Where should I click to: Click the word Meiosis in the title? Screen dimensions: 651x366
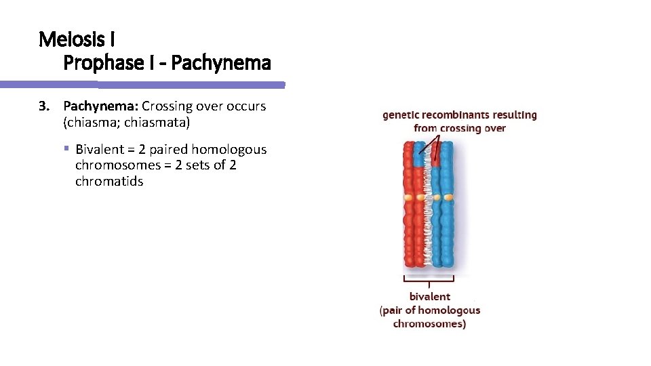67,39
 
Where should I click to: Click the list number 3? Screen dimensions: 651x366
44,106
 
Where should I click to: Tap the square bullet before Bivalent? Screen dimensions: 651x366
67,149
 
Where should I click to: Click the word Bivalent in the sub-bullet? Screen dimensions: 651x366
100,149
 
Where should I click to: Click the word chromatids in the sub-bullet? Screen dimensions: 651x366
109,182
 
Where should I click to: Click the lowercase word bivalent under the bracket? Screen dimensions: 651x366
429,296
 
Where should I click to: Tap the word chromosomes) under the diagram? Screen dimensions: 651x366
429,324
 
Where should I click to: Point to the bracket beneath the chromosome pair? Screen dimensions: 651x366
429,279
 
